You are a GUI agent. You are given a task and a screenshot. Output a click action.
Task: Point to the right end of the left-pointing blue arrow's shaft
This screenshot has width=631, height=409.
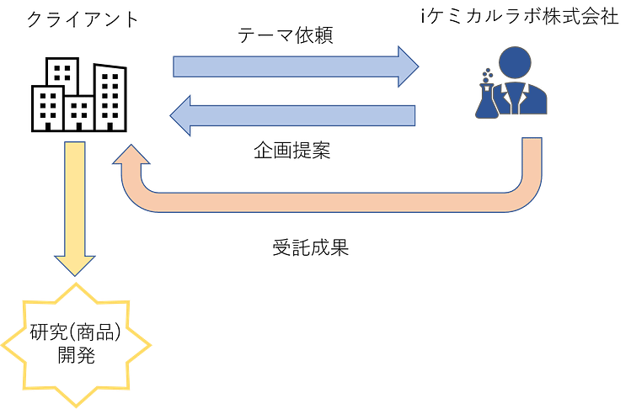[413, 115]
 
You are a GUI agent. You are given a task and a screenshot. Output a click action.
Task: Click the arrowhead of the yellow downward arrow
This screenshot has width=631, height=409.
[76, 264]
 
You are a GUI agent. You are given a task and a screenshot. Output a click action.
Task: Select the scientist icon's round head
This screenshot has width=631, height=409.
[515, 63]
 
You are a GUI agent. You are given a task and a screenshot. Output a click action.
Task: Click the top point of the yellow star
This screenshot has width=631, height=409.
[77, 283]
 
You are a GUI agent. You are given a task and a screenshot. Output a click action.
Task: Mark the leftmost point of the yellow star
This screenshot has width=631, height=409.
[3, 345]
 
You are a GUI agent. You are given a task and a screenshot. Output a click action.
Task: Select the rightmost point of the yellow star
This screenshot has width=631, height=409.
[151, 345]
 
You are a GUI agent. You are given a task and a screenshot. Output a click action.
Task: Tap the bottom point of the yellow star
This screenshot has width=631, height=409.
[77, 406]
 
